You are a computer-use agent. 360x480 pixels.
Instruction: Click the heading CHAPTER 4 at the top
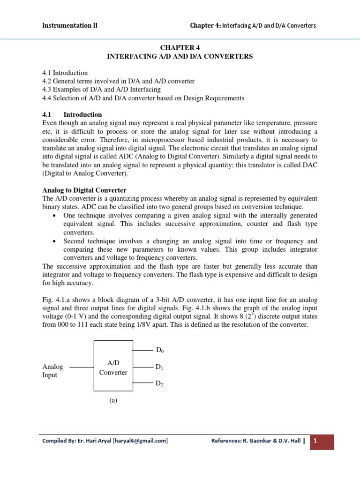click(180, 47)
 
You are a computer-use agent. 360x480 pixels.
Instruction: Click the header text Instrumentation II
click(69, 25)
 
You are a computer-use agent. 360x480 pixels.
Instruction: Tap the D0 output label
click(160, 350)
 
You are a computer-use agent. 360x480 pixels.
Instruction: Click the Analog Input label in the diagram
click(52, 371)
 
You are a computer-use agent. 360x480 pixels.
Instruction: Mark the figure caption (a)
click(113, 400)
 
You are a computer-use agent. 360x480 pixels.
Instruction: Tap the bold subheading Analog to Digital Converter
click(84, 190)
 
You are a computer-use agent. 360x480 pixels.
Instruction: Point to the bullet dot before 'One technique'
click(55, 215)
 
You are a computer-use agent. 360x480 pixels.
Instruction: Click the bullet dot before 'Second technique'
click(55, 241)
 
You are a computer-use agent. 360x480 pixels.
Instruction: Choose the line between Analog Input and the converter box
click(82, 367)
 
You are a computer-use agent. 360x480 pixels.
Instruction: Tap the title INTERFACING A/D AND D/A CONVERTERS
click(180, 56)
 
